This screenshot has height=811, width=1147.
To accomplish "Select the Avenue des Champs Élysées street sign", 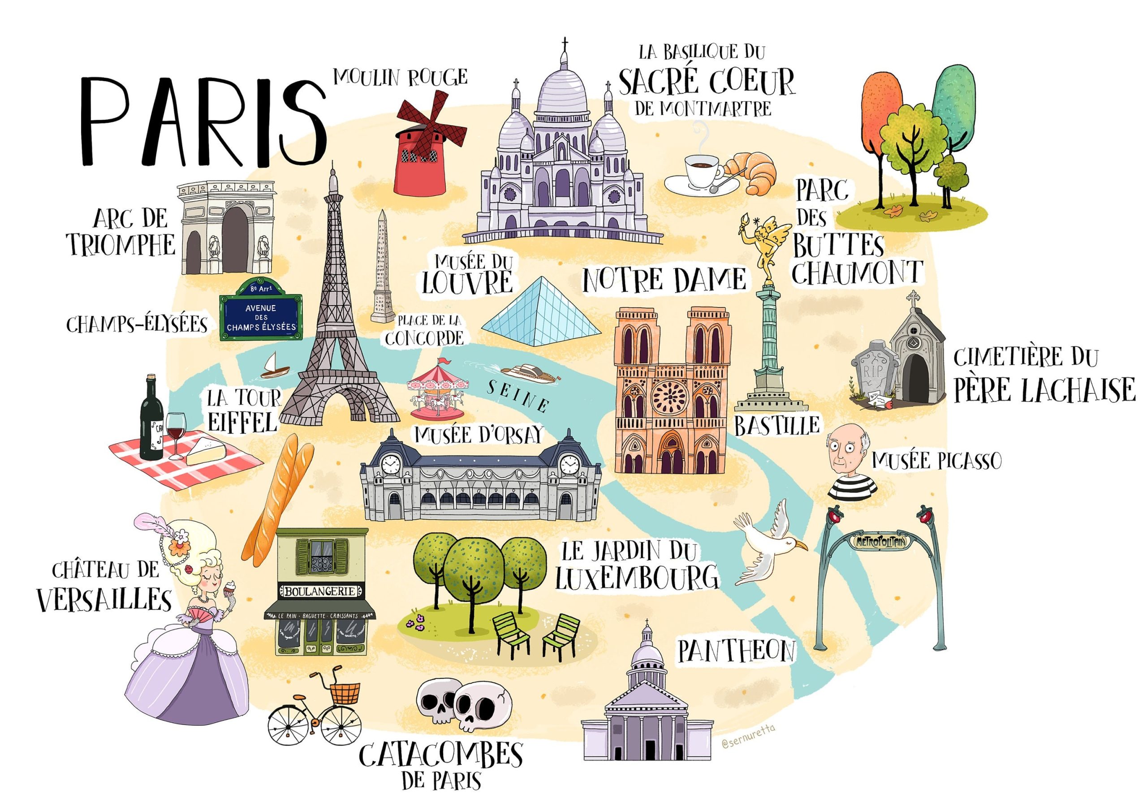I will point(261,316).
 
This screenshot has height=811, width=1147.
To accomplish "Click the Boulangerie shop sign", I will point(320,591).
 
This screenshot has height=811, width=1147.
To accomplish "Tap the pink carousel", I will point(438,392).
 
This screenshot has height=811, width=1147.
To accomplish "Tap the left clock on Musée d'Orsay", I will point(390,465).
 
